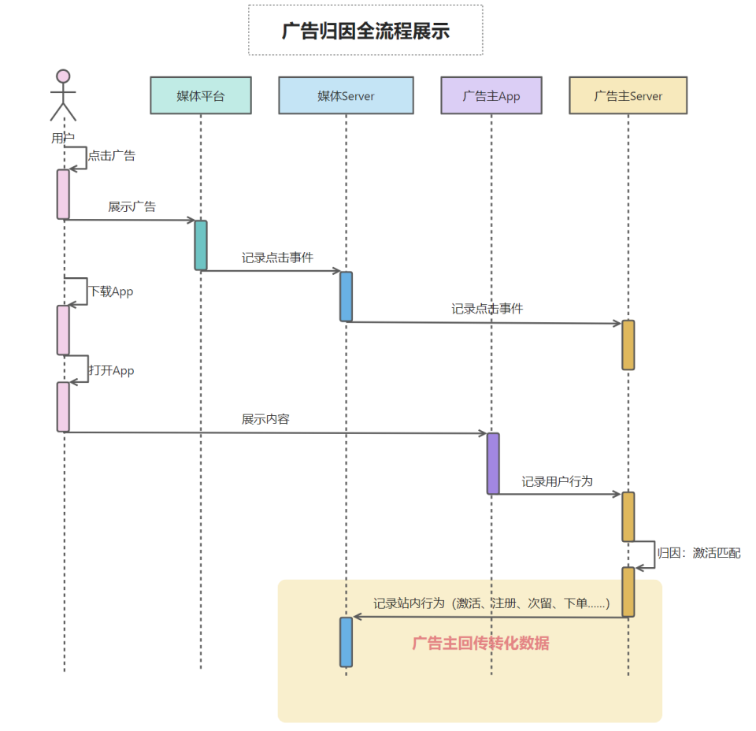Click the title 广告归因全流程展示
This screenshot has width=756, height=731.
(365, 31)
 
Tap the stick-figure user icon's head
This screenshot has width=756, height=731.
(63, 76)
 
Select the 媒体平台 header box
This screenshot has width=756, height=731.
(200, 95)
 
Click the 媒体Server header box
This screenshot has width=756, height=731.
(346, 95)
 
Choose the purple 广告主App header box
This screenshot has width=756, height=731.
(491, 95)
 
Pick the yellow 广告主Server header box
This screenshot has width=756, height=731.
(628, 95)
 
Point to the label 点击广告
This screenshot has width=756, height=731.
(111, 156)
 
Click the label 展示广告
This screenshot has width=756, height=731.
(132, 206)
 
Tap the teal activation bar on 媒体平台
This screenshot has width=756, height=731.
(201, 245)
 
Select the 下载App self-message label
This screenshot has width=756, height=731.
(110, 291)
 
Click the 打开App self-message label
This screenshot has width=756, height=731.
(111, 370)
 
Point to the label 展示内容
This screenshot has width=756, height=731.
(265, 419)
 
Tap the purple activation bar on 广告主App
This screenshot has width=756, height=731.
(493, 463)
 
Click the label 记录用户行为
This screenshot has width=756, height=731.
(557, 481)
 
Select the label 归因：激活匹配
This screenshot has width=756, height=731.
(699, 554)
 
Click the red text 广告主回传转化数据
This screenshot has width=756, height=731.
(480, 643)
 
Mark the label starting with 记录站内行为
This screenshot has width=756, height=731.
(491, 603)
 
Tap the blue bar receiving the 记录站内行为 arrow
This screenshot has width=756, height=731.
(346, 641)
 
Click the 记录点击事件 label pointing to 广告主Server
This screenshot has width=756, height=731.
(487, 309)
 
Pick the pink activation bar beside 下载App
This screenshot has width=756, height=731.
(63, 330)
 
